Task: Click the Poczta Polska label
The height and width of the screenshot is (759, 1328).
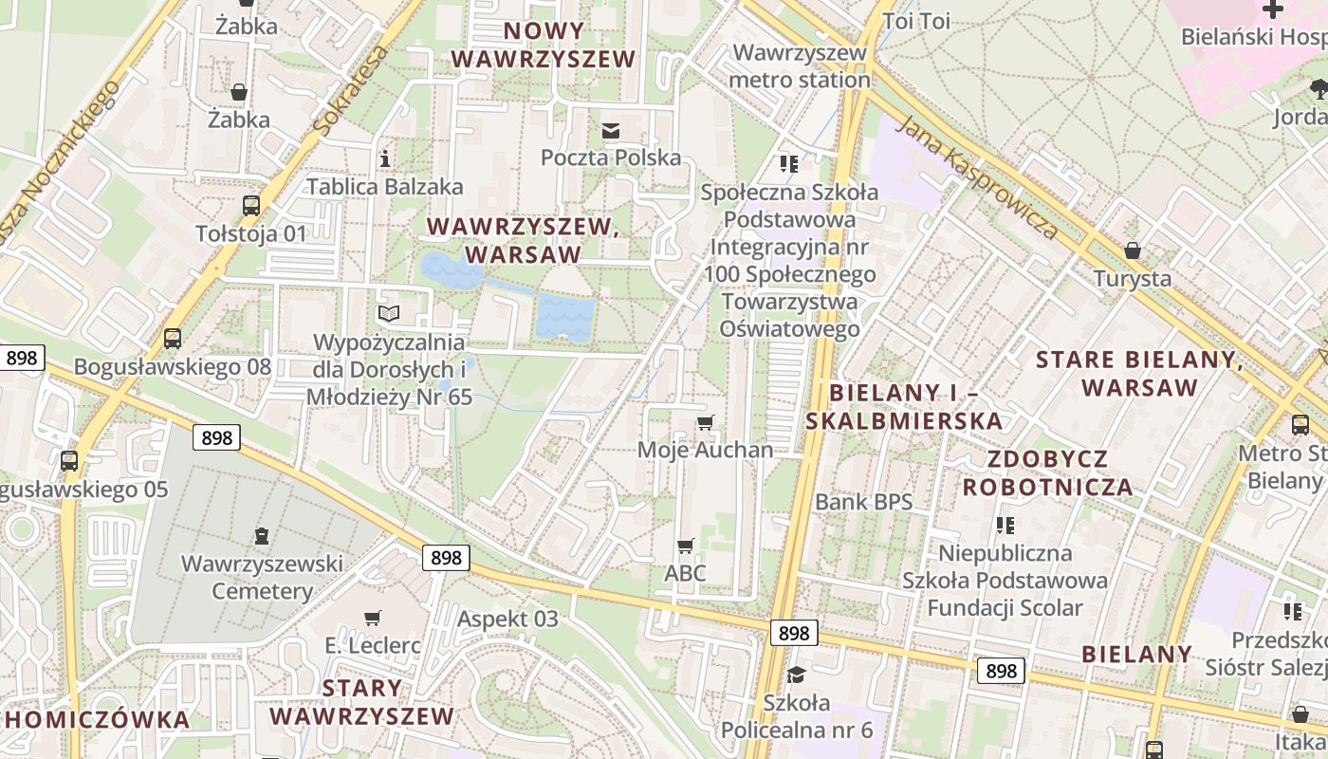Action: pos(611,157)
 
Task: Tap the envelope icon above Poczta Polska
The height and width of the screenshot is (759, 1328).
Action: pos(611,130)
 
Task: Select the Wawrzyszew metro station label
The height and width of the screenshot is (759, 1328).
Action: pos(800,65)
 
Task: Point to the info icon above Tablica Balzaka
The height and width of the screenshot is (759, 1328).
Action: pos(384,157)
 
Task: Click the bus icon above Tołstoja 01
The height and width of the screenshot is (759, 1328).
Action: pos(251,205)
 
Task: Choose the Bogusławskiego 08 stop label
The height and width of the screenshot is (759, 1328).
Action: pos(173,366)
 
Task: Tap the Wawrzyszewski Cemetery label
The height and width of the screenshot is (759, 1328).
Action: pos(262,577)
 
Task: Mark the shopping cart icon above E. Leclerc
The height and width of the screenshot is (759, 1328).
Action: pos(373,618)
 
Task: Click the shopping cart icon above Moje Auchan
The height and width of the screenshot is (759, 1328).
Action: pos(705,422)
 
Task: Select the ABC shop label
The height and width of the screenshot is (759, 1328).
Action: pos(685,573)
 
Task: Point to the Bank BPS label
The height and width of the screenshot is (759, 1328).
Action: pos(863,501)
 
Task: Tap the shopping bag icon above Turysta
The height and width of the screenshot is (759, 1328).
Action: pos(1132,250)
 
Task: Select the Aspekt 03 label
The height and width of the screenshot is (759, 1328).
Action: pos(507,619)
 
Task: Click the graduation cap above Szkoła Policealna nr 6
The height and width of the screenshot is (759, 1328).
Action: pos(796,675)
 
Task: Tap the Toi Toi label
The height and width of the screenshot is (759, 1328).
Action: pos(915,21)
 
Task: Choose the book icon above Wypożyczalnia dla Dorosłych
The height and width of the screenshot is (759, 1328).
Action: pos(389,313)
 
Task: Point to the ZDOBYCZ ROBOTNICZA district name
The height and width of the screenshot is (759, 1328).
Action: pos(1047,473)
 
